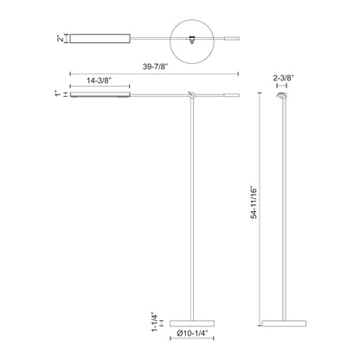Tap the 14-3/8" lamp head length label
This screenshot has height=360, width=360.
pyautogui.click(x=100, y=80)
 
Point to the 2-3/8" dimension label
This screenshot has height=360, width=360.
pyautogui.click(x=285, y=77)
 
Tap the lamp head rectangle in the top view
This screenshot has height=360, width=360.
pyautogui.click(x=100, y=37)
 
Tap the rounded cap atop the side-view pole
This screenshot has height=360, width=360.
pyautogui.click(x=283, y=98)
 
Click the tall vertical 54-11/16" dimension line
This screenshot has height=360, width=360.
pyautogui.click(x=261, y=208)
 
